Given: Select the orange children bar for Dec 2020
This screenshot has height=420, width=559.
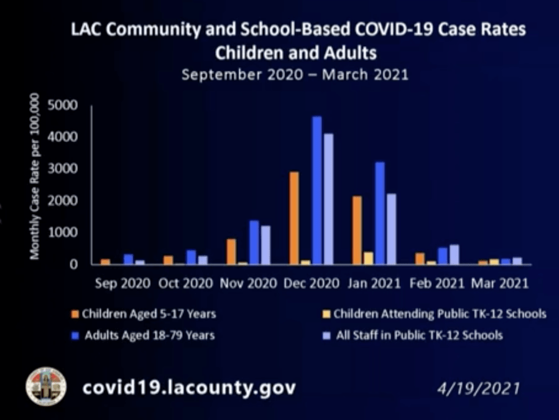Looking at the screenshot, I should coord(294,218).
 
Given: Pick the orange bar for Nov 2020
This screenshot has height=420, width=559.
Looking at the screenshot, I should coord(231,251).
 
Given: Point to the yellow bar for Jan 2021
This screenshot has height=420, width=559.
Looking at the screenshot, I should coord(368,258).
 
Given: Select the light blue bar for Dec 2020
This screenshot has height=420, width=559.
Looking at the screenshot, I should coord(328,199).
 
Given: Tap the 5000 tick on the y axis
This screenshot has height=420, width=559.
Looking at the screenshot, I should coord(65,105).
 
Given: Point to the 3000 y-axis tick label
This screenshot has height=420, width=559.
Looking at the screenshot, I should coord(65,169).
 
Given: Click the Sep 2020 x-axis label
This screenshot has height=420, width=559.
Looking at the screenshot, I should coord(122,283).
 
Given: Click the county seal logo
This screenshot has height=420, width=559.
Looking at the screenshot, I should coord(46,386).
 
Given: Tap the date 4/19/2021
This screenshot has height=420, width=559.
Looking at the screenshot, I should coord(477,390).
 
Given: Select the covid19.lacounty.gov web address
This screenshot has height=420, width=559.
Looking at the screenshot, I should coord(190,388).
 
